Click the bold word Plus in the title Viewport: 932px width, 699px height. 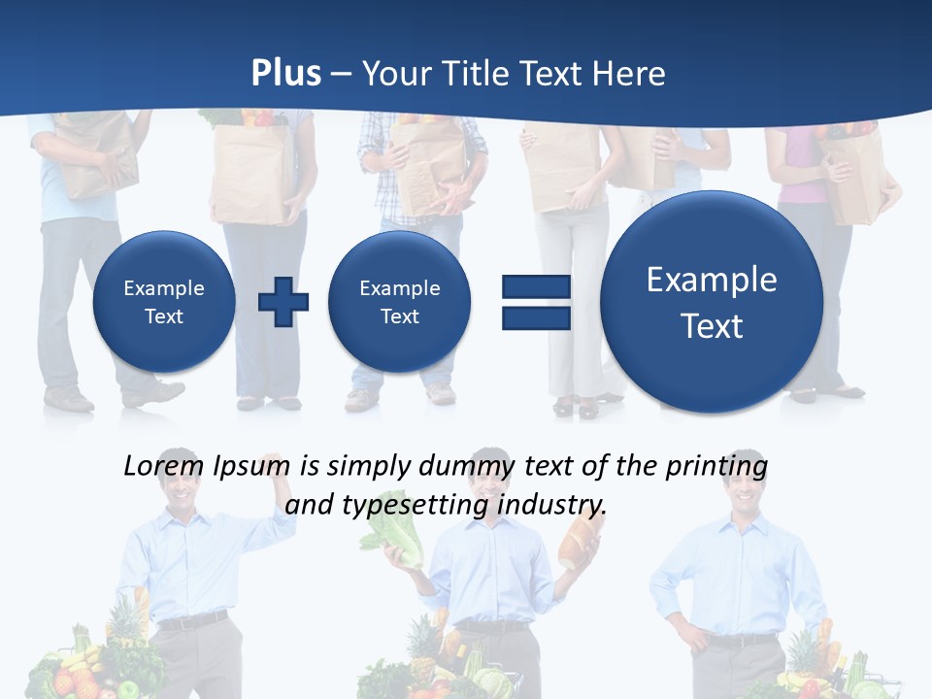pyautogui.click(x=285, y=74)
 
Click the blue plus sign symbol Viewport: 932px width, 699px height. pyautogui.click(x=283, y=301)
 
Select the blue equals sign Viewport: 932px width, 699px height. pyautogui.click(x=536, y=302)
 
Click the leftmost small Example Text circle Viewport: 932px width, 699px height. pyautogui.click(x=164, y=301)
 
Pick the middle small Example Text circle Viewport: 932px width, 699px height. pyautogui.click(x=399, y=301)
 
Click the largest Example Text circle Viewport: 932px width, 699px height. pyautogui.click(x=712, y=302)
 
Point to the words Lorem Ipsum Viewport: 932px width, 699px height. pyautogui.click(x=207, y=466)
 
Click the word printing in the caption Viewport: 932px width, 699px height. pyautogui.click(x=716, y=466)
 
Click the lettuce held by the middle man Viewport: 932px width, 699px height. pyautogui.click(x=405, y=545)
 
